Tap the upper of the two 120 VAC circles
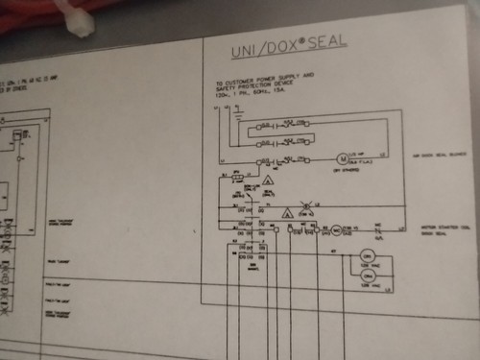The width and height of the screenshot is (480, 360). click(x=367, y=256)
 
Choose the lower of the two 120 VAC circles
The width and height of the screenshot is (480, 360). click(x=365, y=282)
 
